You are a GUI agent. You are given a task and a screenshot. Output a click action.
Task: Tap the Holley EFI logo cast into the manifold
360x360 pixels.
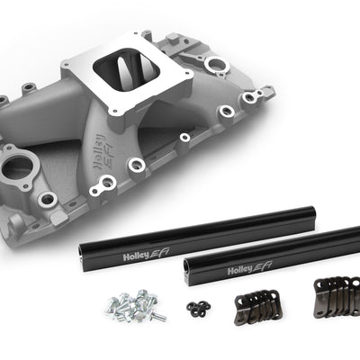[x=103, y=151]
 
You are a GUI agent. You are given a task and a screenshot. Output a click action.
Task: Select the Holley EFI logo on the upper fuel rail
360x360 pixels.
[x=147, y=255]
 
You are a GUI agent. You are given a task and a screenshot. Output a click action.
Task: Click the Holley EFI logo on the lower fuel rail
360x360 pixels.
[x=250, y=269]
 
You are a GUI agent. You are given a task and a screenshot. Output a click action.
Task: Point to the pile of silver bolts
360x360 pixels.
[x=132, y=305]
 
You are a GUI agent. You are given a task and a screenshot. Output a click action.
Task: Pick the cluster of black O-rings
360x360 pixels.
[x=198, y=308]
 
